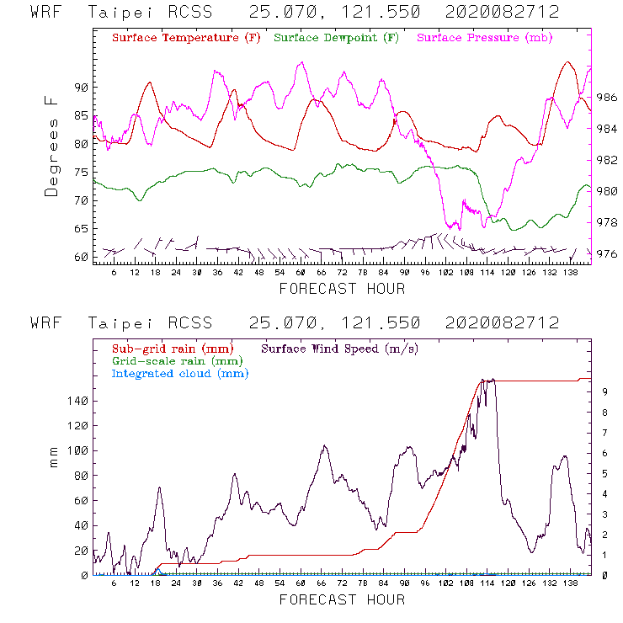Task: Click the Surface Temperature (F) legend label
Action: tap(185, 39)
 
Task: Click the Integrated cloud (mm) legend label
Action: tap(180, 373)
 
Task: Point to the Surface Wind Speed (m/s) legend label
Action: tap(340, 348)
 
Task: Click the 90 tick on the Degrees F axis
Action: tap(82, 88)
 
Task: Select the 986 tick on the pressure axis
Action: tap(609, 98)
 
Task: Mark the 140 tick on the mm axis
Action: tap(78, 401)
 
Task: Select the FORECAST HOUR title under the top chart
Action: tap(342, 289)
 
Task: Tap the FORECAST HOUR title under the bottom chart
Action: tap(342, 599)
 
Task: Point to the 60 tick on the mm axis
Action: tap(82, 500)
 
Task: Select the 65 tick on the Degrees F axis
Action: tap(82, 228)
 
